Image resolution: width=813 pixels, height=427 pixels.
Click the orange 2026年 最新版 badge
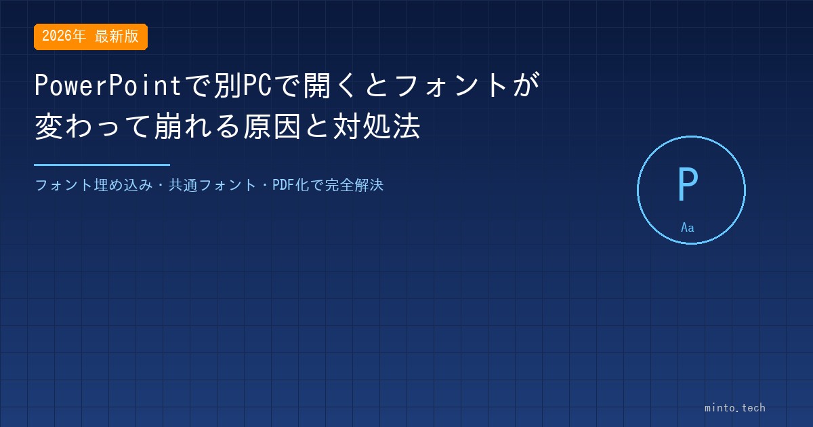91,37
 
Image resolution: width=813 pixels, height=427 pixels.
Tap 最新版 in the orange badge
117,36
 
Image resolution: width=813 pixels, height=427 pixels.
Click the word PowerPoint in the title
108,85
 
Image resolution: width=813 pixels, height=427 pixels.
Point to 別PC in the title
243,85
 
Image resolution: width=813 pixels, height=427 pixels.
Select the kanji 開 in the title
317,85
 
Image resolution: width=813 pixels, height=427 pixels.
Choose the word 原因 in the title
272,126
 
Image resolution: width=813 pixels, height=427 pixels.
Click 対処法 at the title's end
377,126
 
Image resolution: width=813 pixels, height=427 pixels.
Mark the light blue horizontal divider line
102,165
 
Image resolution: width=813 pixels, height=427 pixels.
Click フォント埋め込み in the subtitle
93,185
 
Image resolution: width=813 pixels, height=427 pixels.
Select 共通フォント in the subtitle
212,185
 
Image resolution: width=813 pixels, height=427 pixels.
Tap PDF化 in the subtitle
291,185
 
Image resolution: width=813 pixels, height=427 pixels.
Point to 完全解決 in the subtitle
354,185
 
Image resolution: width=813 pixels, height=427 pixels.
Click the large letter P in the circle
688,184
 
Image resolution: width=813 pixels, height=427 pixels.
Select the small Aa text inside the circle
688,228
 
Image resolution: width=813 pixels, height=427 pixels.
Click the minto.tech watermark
735,408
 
